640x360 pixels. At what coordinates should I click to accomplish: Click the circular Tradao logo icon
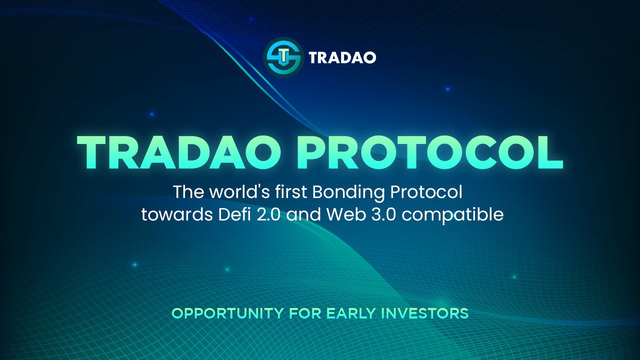pos(283,57)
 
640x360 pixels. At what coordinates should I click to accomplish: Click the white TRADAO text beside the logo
pos(342,58)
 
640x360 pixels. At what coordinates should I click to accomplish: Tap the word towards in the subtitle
pos(170,215)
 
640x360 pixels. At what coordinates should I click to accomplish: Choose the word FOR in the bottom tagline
pos(305,313)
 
